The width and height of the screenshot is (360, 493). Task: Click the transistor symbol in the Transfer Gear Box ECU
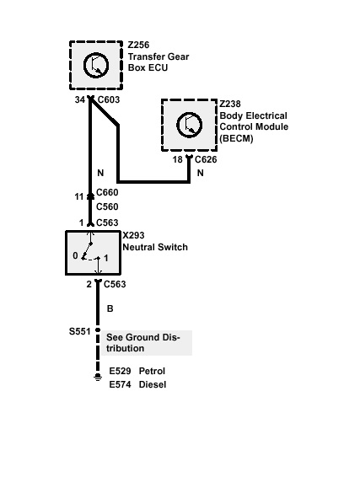(96, 66)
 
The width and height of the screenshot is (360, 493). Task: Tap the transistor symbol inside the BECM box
(190, 125)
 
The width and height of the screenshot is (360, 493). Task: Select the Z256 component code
(138, 45)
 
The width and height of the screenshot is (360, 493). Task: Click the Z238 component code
(230, 104)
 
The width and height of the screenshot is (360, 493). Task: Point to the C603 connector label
(109, 99)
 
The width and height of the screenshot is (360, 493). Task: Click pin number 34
(80, 99)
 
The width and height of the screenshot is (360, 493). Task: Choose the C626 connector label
(206, 159)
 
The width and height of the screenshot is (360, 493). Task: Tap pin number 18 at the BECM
(178, 160)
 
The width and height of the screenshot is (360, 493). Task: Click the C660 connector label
(107, 192)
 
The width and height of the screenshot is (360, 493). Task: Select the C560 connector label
(107, 206)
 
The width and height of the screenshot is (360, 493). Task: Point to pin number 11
(79, 197)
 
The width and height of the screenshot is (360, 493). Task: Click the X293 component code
(133, 235)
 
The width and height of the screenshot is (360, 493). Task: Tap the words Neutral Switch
(155, 247)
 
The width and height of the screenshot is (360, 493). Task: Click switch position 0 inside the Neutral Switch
(75, 255)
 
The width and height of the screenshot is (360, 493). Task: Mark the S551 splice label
(79, 331)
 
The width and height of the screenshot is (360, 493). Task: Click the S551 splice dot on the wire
(98, 330)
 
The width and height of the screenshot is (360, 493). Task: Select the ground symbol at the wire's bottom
(98, 378)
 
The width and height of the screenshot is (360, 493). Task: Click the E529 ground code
(120, 371)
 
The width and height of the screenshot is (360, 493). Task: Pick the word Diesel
(153, 384)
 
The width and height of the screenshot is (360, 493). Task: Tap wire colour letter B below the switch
(110, 308)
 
